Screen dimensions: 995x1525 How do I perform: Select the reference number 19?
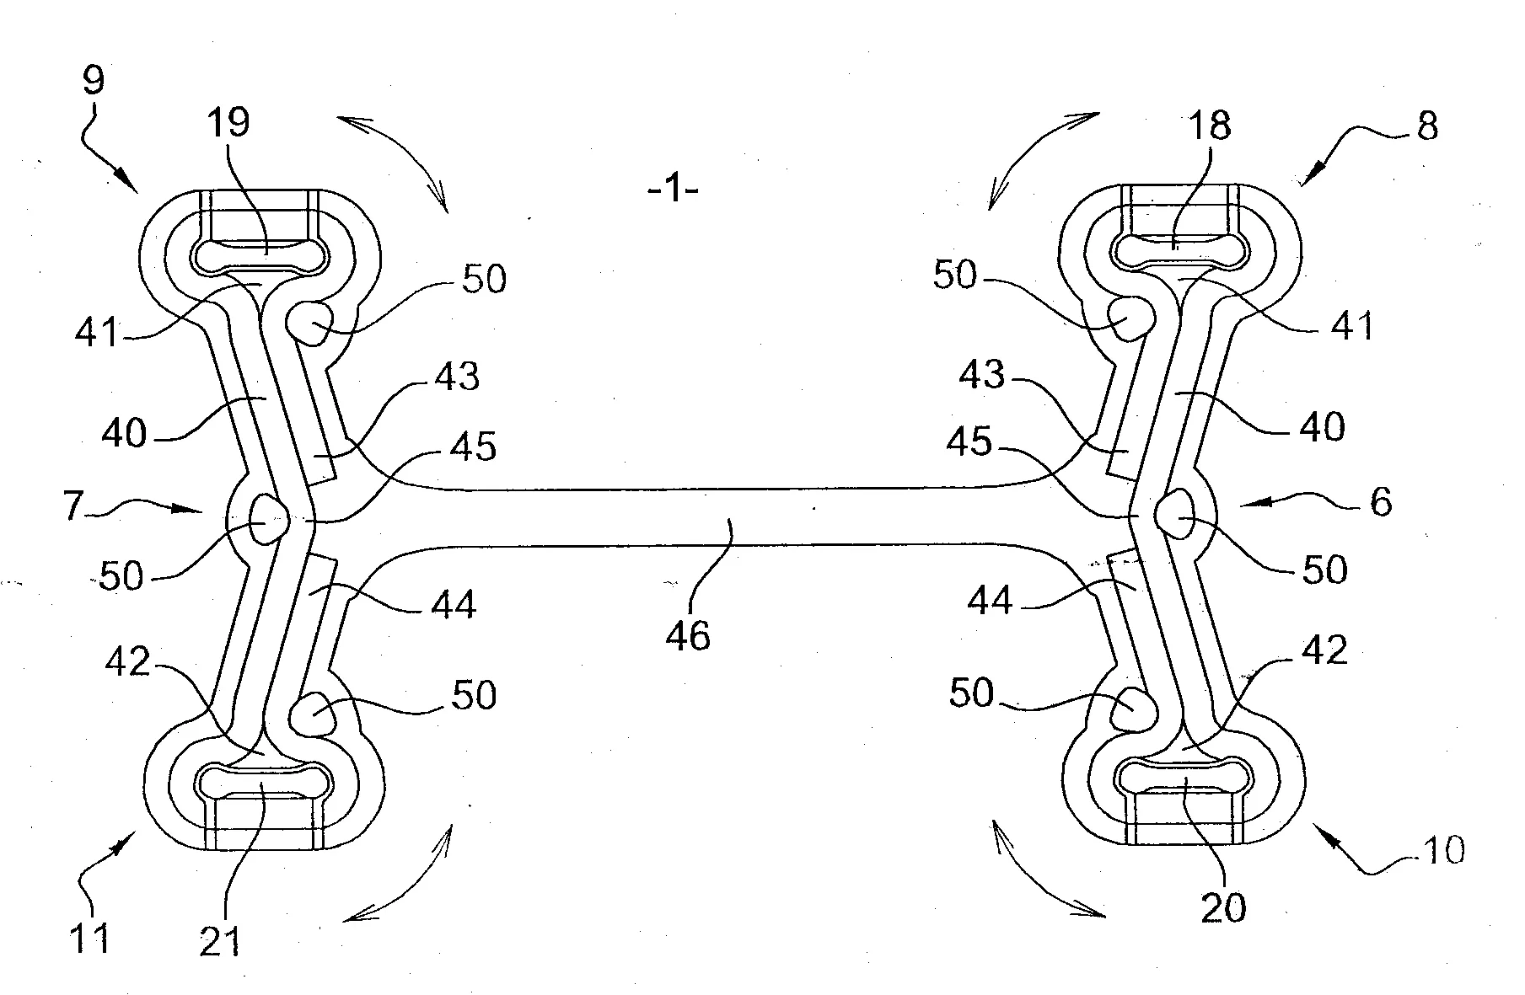[228, 123]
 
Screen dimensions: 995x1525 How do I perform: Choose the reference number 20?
[1223, 909]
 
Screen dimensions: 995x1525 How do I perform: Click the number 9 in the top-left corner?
[94, 80]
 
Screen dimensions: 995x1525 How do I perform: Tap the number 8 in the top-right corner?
[1426, 126]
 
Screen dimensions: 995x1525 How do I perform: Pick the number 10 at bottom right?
[1442, 851]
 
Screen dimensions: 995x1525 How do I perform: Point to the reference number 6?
[1381, 503]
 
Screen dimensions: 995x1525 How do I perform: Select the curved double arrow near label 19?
[394, 160]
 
